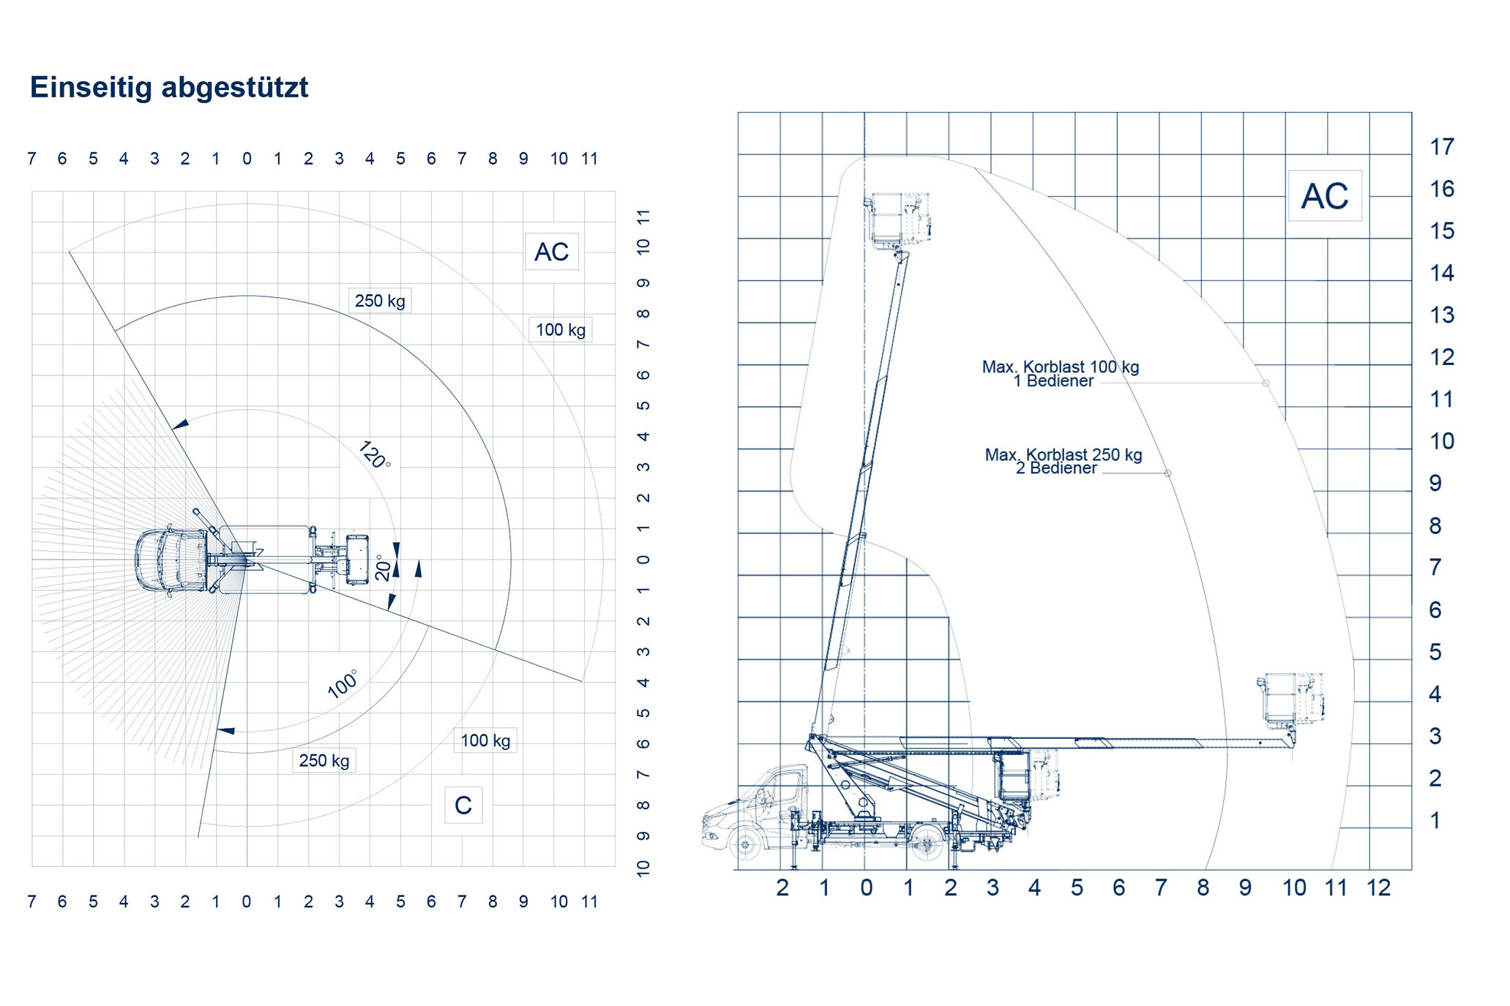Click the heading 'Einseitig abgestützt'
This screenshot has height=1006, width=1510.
point(169,88)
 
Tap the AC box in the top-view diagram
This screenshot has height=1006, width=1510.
point(551,252)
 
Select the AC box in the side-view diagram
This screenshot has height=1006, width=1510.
point(1325,196)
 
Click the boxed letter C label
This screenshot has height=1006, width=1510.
point(463,806)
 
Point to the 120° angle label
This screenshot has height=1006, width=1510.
point(375,455)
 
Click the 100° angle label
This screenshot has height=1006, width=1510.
point(343,684)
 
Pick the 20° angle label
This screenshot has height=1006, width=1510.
point(383,568)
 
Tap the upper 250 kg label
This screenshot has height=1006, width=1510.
point(380,301)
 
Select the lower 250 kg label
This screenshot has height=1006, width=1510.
point(324,761)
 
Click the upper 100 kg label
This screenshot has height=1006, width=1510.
point(561,330)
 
